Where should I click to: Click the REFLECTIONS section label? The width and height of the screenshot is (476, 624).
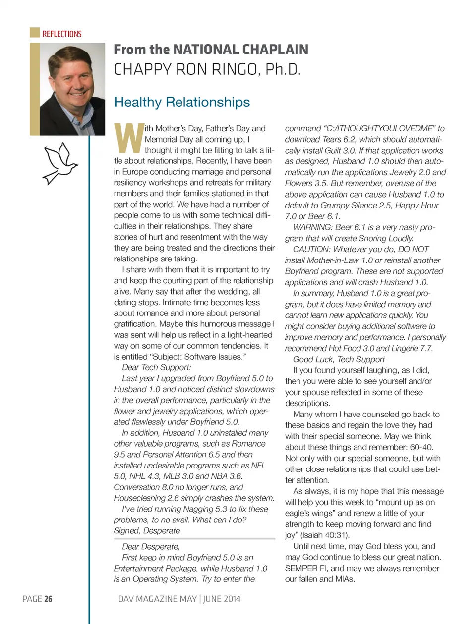(x=61, y=34)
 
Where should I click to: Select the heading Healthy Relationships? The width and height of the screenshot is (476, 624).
(x=182, y=102)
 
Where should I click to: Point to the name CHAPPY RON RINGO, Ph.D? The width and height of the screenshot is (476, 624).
(x=207, y=69)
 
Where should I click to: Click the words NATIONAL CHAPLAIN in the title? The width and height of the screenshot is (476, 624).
(x=240, y=50)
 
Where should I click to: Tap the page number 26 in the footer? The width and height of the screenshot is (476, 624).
(x=48, y=599)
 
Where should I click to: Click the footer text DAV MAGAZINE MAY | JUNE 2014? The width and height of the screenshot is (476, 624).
(x=179, y=599)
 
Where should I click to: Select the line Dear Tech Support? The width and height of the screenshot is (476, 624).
(x=156, y=367)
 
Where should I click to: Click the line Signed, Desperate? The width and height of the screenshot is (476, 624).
(x=147, y=530)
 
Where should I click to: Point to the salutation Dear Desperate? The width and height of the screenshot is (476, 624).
(x=151, y=546)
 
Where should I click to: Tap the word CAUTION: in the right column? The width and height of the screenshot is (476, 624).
(x=311, y=249)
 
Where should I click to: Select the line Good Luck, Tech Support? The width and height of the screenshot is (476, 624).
(x=339, y=359)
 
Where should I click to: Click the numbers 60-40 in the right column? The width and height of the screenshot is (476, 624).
(x=421, y=447)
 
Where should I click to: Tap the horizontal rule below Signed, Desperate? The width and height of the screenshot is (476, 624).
(x=194, y=539)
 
